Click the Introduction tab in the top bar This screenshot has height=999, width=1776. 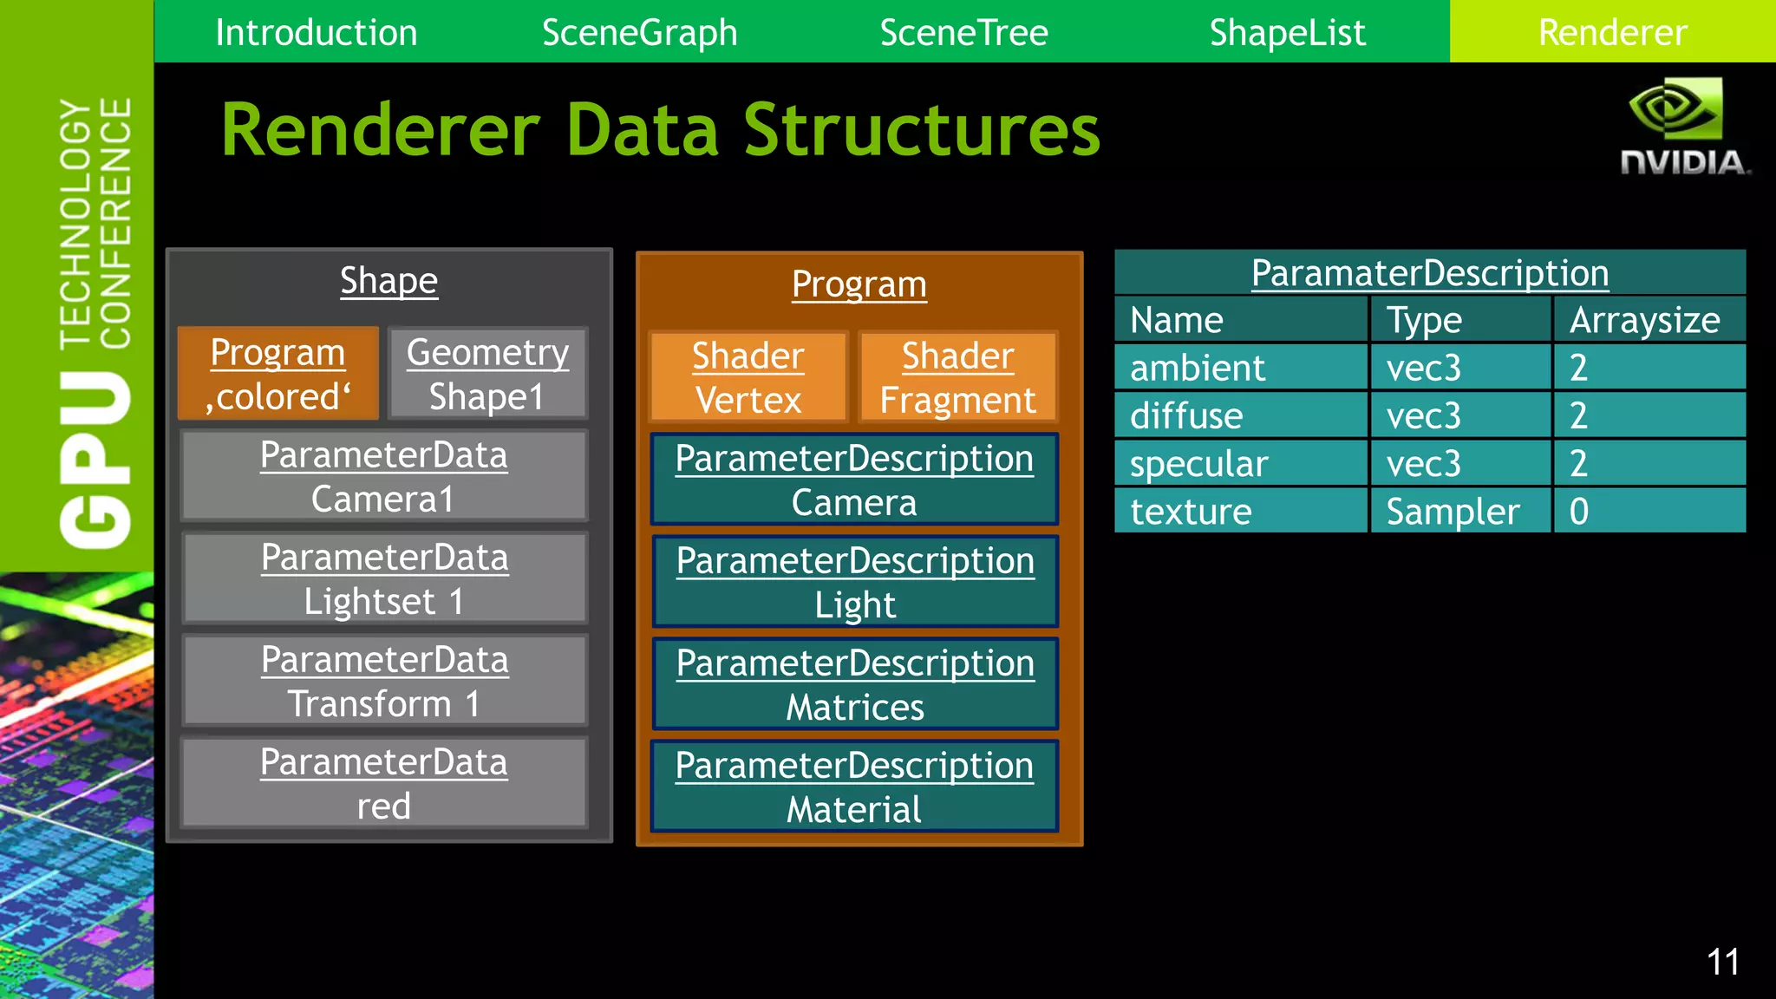[317, 33]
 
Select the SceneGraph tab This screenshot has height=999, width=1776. [639, 33]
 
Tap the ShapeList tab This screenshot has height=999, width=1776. [1287, 33]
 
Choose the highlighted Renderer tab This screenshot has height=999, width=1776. [1612, 33]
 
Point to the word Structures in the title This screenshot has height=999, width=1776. [921, 130]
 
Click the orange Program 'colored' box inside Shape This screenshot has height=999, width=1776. [278, 374]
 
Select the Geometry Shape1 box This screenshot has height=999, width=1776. [487, 374]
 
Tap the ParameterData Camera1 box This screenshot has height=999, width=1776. [383, 476]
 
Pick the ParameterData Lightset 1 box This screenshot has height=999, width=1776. [384, 578]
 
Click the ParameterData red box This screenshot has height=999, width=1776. [383, 783]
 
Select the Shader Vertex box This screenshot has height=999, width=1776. [748, 377]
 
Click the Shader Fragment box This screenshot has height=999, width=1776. [957, 377]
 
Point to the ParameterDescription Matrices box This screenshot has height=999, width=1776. [854, 684]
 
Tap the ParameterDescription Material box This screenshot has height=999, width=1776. [854, 787]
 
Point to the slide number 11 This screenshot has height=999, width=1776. [1722, 962]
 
